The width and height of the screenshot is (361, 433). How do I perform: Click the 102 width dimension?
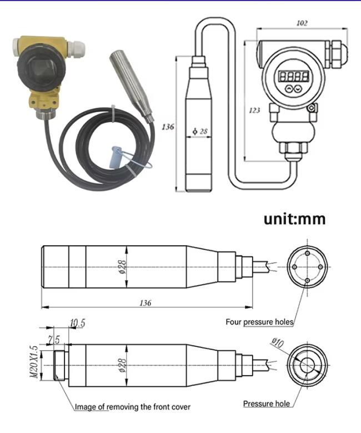pyautogui.click(x=302, y=23)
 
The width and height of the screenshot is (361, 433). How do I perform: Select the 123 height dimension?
pyautogui.click(x=254, y=110)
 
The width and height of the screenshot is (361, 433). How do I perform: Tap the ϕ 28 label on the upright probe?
pyautogui.click(x=200, y=132)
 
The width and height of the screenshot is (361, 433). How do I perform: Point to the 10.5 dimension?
pyautogui.click(x=77, y=323)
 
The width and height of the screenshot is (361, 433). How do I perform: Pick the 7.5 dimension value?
pyautogui.click(x=54, y=340)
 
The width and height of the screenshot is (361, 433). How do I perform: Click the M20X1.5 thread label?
pyautogui.click(x=34, y=362)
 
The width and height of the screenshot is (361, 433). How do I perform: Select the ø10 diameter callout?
pyautogui.click(x=277, y=343)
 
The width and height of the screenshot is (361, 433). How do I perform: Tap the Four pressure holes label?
pyautogui.click(x=259, y=322)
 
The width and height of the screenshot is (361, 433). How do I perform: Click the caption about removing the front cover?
pyautogui.click(x=133, y=407)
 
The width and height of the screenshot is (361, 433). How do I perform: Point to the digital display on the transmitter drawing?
pyautogui.click(x=293, y=76)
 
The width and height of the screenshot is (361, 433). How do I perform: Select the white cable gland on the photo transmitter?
pyautogui.click(x=77, y=49)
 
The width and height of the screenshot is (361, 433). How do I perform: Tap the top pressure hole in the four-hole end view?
pyautogui.click(x=307, y=253)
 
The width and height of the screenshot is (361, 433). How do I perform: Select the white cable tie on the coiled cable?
pyautogui.click(x=113, y=113)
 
